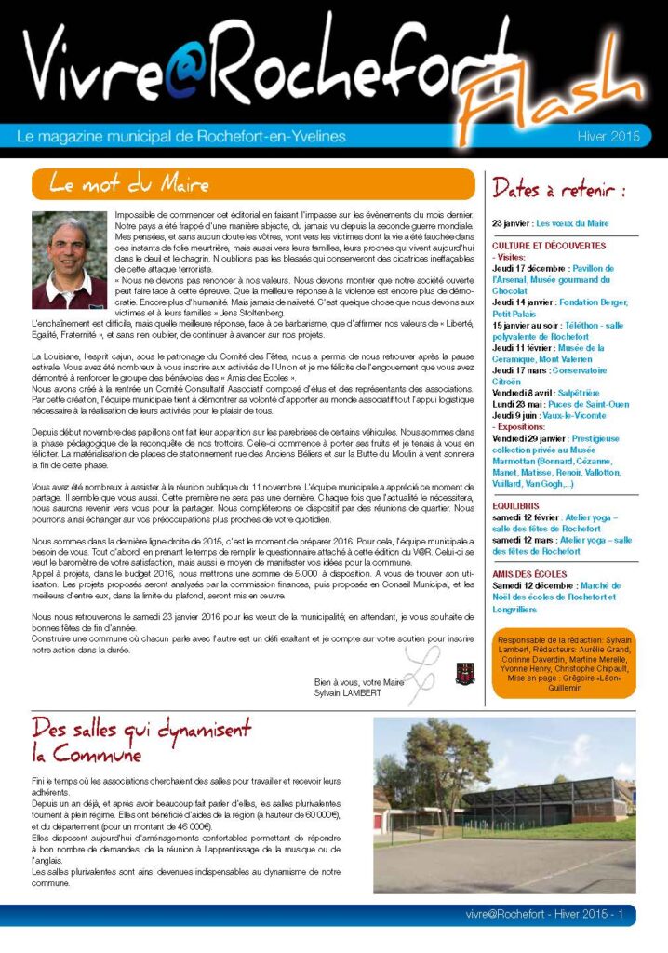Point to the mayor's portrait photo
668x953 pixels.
coord(69,261)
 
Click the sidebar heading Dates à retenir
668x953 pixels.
coord(559,190)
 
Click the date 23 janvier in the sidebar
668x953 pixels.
coord(512,223)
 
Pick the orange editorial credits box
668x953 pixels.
coord(566,664)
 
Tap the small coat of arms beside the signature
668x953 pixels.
coord(462,674)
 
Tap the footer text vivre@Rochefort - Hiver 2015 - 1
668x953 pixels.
coord(544,914)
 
